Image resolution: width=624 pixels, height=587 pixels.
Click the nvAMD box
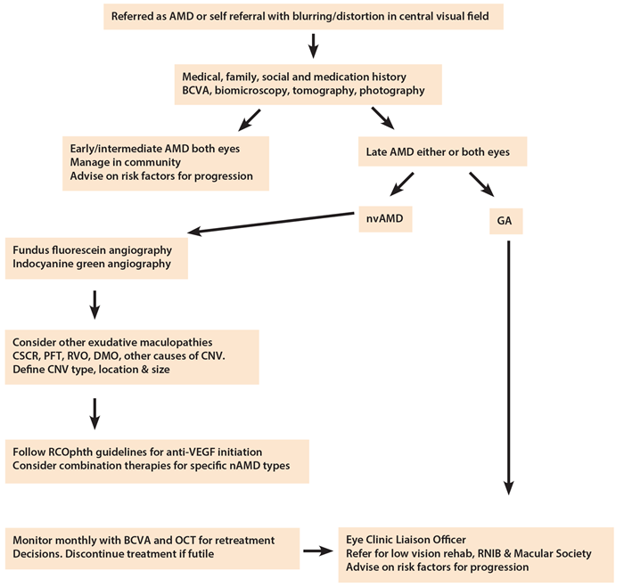point(384,216)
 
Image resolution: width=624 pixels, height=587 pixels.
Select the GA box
point(505,220)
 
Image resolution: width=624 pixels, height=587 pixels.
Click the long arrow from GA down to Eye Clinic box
point(509,365)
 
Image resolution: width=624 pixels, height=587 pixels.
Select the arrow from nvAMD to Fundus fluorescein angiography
point(271,223)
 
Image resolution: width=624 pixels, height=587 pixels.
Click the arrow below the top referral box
point(313,45)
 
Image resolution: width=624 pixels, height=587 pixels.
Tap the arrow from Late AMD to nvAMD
point(400,184)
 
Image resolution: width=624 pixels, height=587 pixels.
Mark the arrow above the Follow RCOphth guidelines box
point(94,412)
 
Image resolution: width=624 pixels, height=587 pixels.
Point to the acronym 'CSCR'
point(28,356)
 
